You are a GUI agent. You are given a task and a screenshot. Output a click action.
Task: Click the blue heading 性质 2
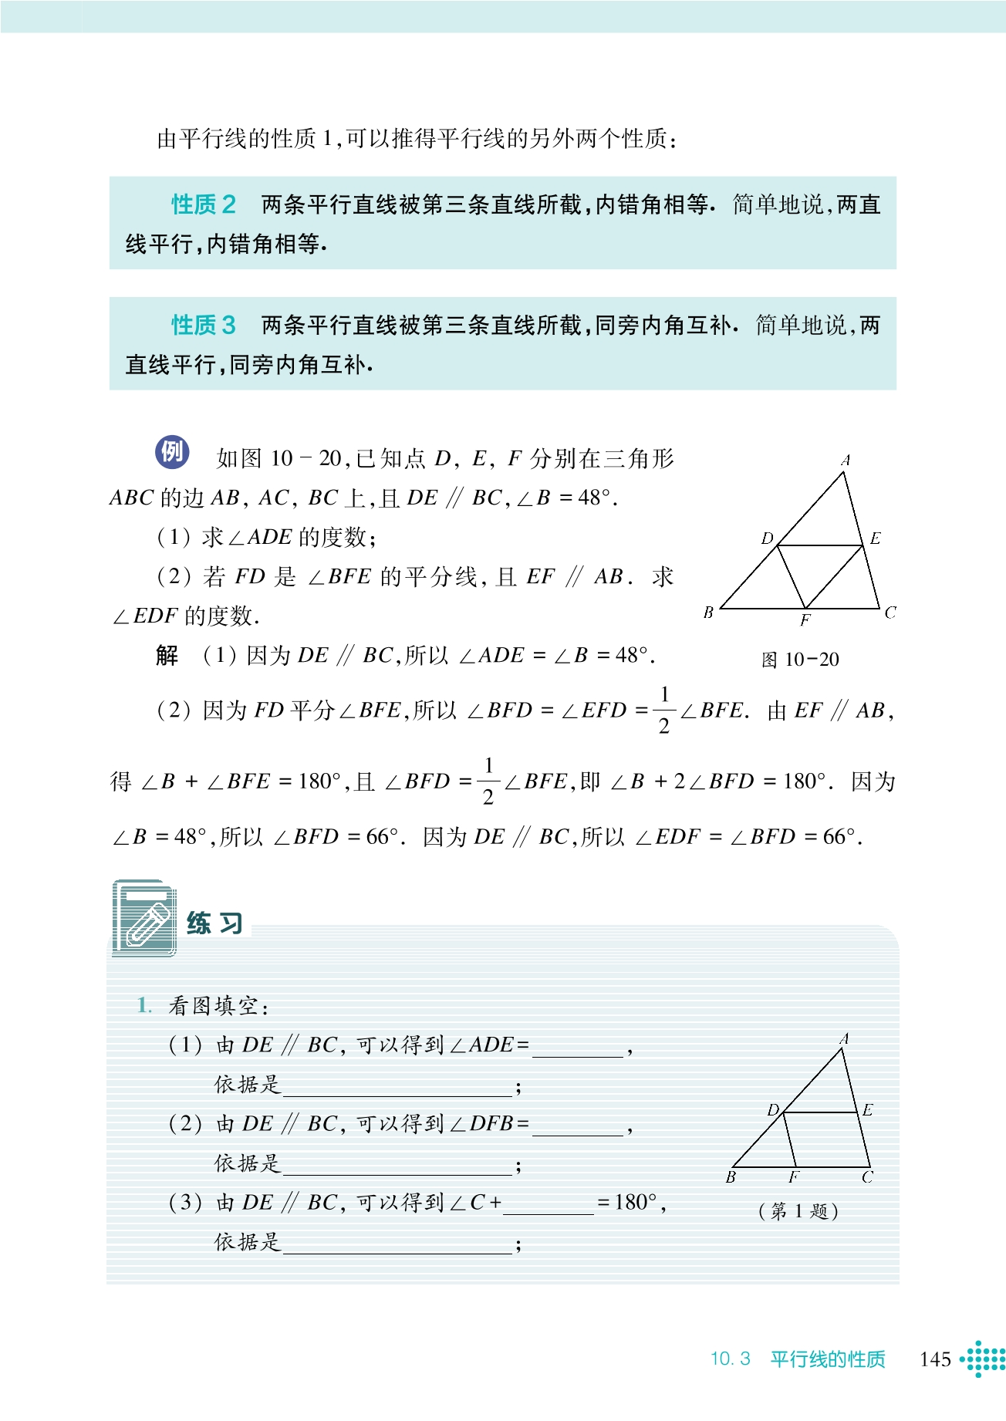(203, 204)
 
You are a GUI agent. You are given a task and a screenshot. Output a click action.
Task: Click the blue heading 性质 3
(203, 325)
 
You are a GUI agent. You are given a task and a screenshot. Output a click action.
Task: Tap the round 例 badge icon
(172, 452)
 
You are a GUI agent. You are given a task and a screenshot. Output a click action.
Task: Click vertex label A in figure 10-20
(846, 460)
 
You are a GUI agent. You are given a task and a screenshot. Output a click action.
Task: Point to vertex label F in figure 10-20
(805, 620)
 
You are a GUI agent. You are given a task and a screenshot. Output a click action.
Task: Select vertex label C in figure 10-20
(890, 613)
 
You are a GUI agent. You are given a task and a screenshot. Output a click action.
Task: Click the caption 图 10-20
(800, 660)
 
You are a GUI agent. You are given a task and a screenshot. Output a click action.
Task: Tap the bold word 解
(167, 656)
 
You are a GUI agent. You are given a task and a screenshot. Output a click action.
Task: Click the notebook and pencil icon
(144, 918)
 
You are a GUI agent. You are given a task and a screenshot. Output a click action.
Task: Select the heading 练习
(215, 923)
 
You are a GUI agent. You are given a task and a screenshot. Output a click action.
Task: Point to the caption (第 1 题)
(798, 1210)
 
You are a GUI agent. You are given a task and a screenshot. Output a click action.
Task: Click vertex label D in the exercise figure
(773, 1109)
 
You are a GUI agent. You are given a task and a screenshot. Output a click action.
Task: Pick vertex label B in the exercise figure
(731, 1177)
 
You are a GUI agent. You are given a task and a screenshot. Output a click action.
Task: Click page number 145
(935, 1359)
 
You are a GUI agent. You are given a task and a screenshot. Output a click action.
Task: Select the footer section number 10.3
(730, 1359)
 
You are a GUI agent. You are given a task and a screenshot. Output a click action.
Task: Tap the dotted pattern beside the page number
(984, 1359)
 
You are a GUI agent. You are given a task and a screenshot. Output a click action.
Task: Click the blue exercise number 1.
(143, 1005)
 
